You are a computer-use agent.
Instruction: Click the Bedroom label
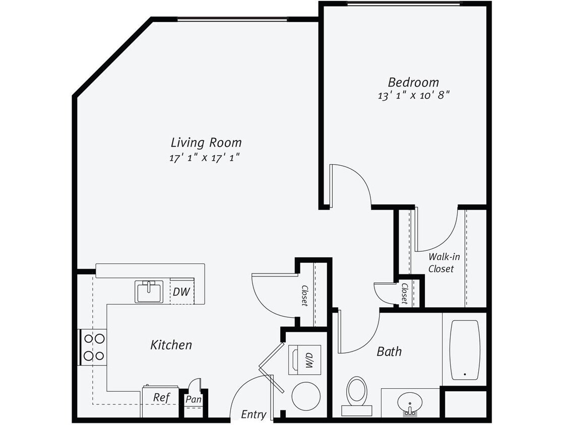[413, 82]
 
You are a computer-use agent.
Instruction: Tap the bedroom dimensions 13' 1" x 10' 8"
[413, 96]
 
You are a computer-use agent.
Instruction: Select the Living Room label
[206, 143]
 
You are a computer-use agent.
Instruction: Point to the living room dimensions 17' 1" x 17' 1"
[204, 158]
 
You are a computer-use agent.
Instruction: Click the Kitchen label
[171, 345]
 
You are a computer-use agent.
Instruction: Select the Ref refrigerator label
[161, 397]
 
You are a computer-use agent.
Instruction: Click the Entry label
[254, 414]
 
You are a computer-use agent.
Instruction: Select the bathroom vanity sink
[410, 403]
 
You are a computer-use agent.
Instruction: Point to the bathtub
[464, 349]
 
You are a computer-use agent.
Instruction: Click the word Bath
[389, 351]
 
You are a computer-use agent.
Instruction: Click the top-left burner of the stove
[89, 339]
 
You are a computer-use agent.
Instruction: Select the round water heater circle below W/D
[305, 396]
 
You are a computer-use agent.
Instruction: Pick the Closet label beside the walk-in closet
[405, 294]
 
